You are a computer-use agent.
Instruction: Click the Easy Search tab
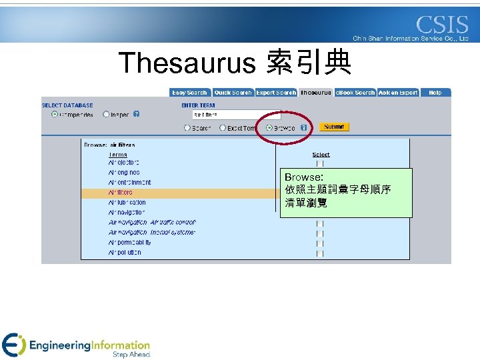(x=189, y=93)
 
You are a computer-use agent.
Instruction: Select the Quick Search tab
(x=233, y=93)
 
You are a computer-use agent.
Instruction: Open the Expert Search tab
(x=275, y=93)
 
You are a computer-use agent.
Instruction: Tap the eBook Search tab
(x=355, y=93)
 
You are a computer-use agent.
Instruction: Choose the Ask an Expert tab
(x=398, y=93)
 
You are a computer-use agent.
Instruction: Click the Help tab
(x=435, y=93)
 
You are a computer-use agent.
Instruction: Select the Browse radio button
(x=269, y=127)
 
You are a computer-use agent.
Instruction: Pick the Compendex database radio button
(x=55, y=114)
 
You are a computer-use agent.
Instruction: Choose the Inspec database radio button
(x=106, y=114)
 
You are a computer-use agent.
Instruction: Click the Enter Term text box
(x=236, y=115)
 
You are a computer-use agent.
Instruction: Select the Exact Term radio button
(x=223, y=128)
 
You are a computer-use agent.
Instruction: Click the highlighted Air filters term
(x=121, y=193)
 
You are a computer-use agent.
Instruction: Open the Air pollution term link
(x=125, y=253)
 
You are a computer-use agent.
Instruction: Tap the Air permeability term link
(x=129, y=243)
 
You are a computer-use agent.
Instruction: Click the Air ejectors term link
(x=123, y=163)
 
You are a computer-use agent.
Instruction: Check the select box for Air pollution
(x=320, y=253)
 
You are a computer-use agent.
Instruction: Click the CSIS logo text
(x=442, y=25)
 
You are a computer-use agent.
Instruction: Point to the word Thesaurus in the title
(x=187, y=63)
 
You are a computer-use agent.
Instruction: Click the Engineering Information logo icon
(x=13, y=345)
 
